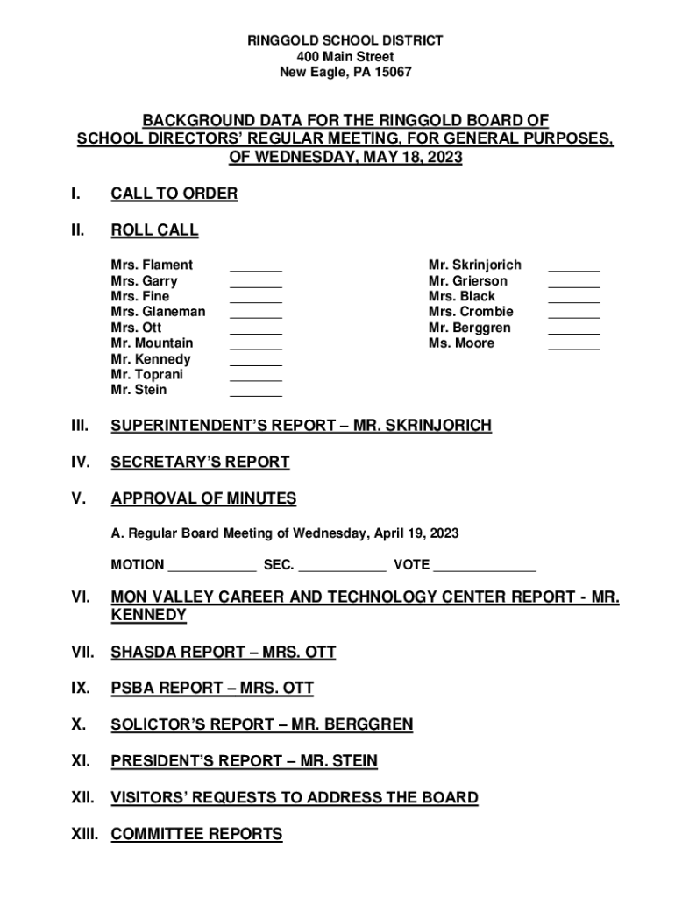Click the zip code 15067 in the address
391,73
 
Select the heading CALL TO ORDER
174,194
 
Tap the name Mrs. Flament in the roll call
152,265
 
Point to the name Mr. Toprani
146,374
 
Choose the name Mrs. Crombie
471,312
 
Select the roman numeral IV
78,462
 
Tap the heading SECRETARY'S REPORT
200,462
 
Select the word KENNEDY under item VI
148,615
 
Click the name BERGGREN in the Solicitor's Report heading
368,724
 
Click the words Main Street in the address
357,57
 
